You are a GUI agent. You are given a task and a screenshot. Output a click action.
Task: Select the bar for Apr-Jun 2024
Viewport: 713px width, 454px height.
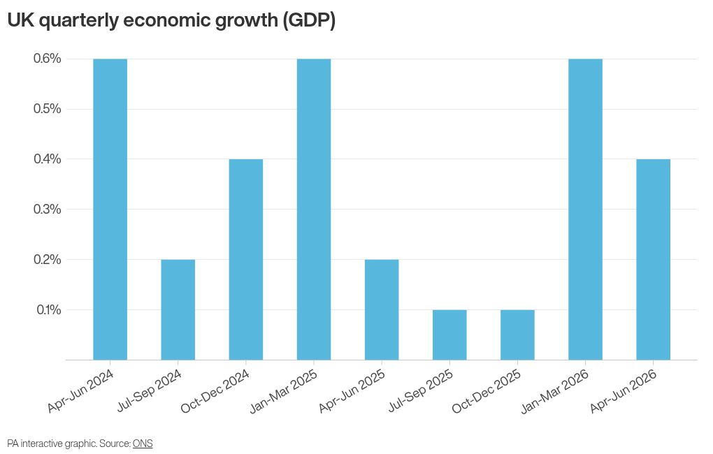click(110, 210)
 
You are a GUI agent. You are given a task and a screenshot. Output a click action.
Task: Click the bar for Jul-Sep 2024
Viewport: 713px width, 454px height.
click(178, 310)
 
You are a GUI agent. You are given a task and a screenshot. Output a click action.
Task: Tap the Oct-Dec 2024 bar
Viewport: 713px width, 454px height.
click(246, 260)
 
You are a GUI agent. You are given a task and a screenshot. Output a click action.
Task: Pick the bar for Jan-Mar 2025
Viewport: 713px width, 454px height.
click(314, 210)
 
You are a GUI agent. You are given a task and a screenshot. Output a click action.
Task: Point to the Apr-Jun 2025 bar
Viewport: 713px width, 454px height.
click(382, 310)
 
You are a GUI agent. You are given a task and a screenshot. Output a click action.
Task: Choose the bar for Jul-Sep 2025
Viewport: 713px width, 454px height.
click(449, 335)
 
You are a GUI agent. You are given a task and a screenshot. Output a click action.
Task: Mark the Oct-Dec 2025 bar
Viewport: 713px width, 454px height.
click(517, 335)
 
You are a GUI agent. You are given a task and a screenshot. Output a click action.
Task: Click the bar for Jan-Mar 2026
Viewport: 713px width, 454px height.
click(586, 210)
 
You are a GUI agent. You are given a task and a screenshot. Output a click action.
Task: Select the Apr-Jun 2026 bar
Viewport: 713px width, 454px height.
click(654, 260)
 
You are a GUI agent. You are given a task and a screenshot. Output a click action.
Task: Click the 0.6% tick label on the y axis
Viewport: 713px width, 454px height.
click(48, 59)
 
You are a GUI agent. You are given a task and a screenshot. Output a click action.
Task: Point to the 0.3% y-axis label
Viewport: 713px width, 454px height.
click(48, 209)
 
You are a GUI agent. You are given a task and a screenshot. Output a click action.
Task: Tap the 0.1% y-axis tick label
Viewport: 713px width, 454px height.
click(49, 309)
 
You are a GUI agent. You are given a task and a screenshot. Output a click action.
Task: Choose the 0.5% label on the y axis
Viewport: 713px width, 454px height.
click(48, 109)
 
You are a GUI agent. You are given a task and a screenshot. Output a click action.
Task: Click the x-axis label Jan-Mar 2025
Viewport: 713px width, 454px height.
click(284, 391)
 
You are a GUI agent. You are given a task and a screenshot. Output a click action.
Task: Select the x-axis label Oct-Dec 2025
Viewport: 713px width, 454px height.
click(487, 391)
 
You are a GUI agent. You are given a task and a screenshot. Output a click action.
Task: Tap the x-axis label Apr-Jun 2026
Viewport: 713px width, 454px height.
click(624, 391)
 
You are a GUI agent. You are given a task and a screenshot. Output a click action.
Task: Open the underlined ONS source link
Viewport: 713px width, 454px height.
click(143, 444)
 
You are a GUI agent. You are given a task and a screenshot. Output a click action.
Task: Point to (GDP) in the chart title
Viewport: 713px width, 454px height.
click(309, 21)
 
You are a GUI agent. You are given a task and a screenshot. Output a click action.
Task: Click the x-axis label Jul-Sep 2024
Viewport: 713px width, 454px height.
click(149, 391)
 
